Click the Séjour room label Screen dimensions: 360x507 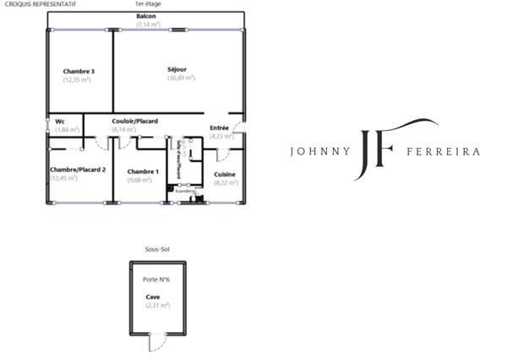coord(177,68)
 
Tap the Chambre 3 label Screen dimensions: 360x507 coord(78,71)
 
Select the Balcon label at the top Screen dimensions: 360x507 coord(145,17)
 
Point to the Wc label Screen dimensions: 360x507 coord(60,121)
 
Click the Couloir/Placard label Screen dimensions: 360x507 coord(135,121)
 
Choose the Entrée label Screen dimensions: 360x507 coord(219,128)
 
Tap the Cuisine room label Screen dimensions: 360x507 coord(224,174)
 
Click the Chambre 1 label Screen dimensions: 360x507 coord(142,170)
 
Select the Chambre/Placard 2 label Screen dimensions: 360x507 coord(78,170)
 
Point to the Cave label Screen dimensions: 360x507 coord(152,297)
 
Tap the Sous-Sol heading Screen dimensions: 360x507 coord(156,249)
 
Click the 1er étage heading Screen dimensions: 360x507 coord(147,4)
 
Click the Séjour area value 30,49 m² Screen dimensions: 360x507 coord(181,78)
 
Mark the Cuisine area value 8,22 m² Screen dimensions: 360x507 coord(224,183)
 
